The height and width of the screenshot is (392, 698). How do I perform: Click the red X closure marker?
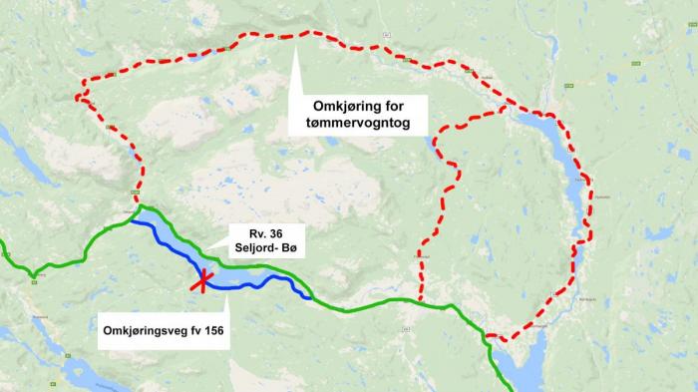pyautogui.click(x=203, y=281)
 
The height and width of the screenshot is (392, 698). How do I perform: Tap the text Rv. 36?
pyautogui.click(x=252, y=232)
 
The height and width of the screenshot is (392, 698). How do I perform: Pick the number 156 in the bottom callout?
pyautogui.click(x=209, y=330)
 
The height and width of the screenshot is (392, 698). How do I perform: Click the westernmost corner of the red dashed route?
pyautogui.click(x=77, y=97)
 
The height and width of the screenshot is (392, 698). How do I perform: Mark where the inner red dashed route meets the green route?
pyautogui.click(x=419, y=301)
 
